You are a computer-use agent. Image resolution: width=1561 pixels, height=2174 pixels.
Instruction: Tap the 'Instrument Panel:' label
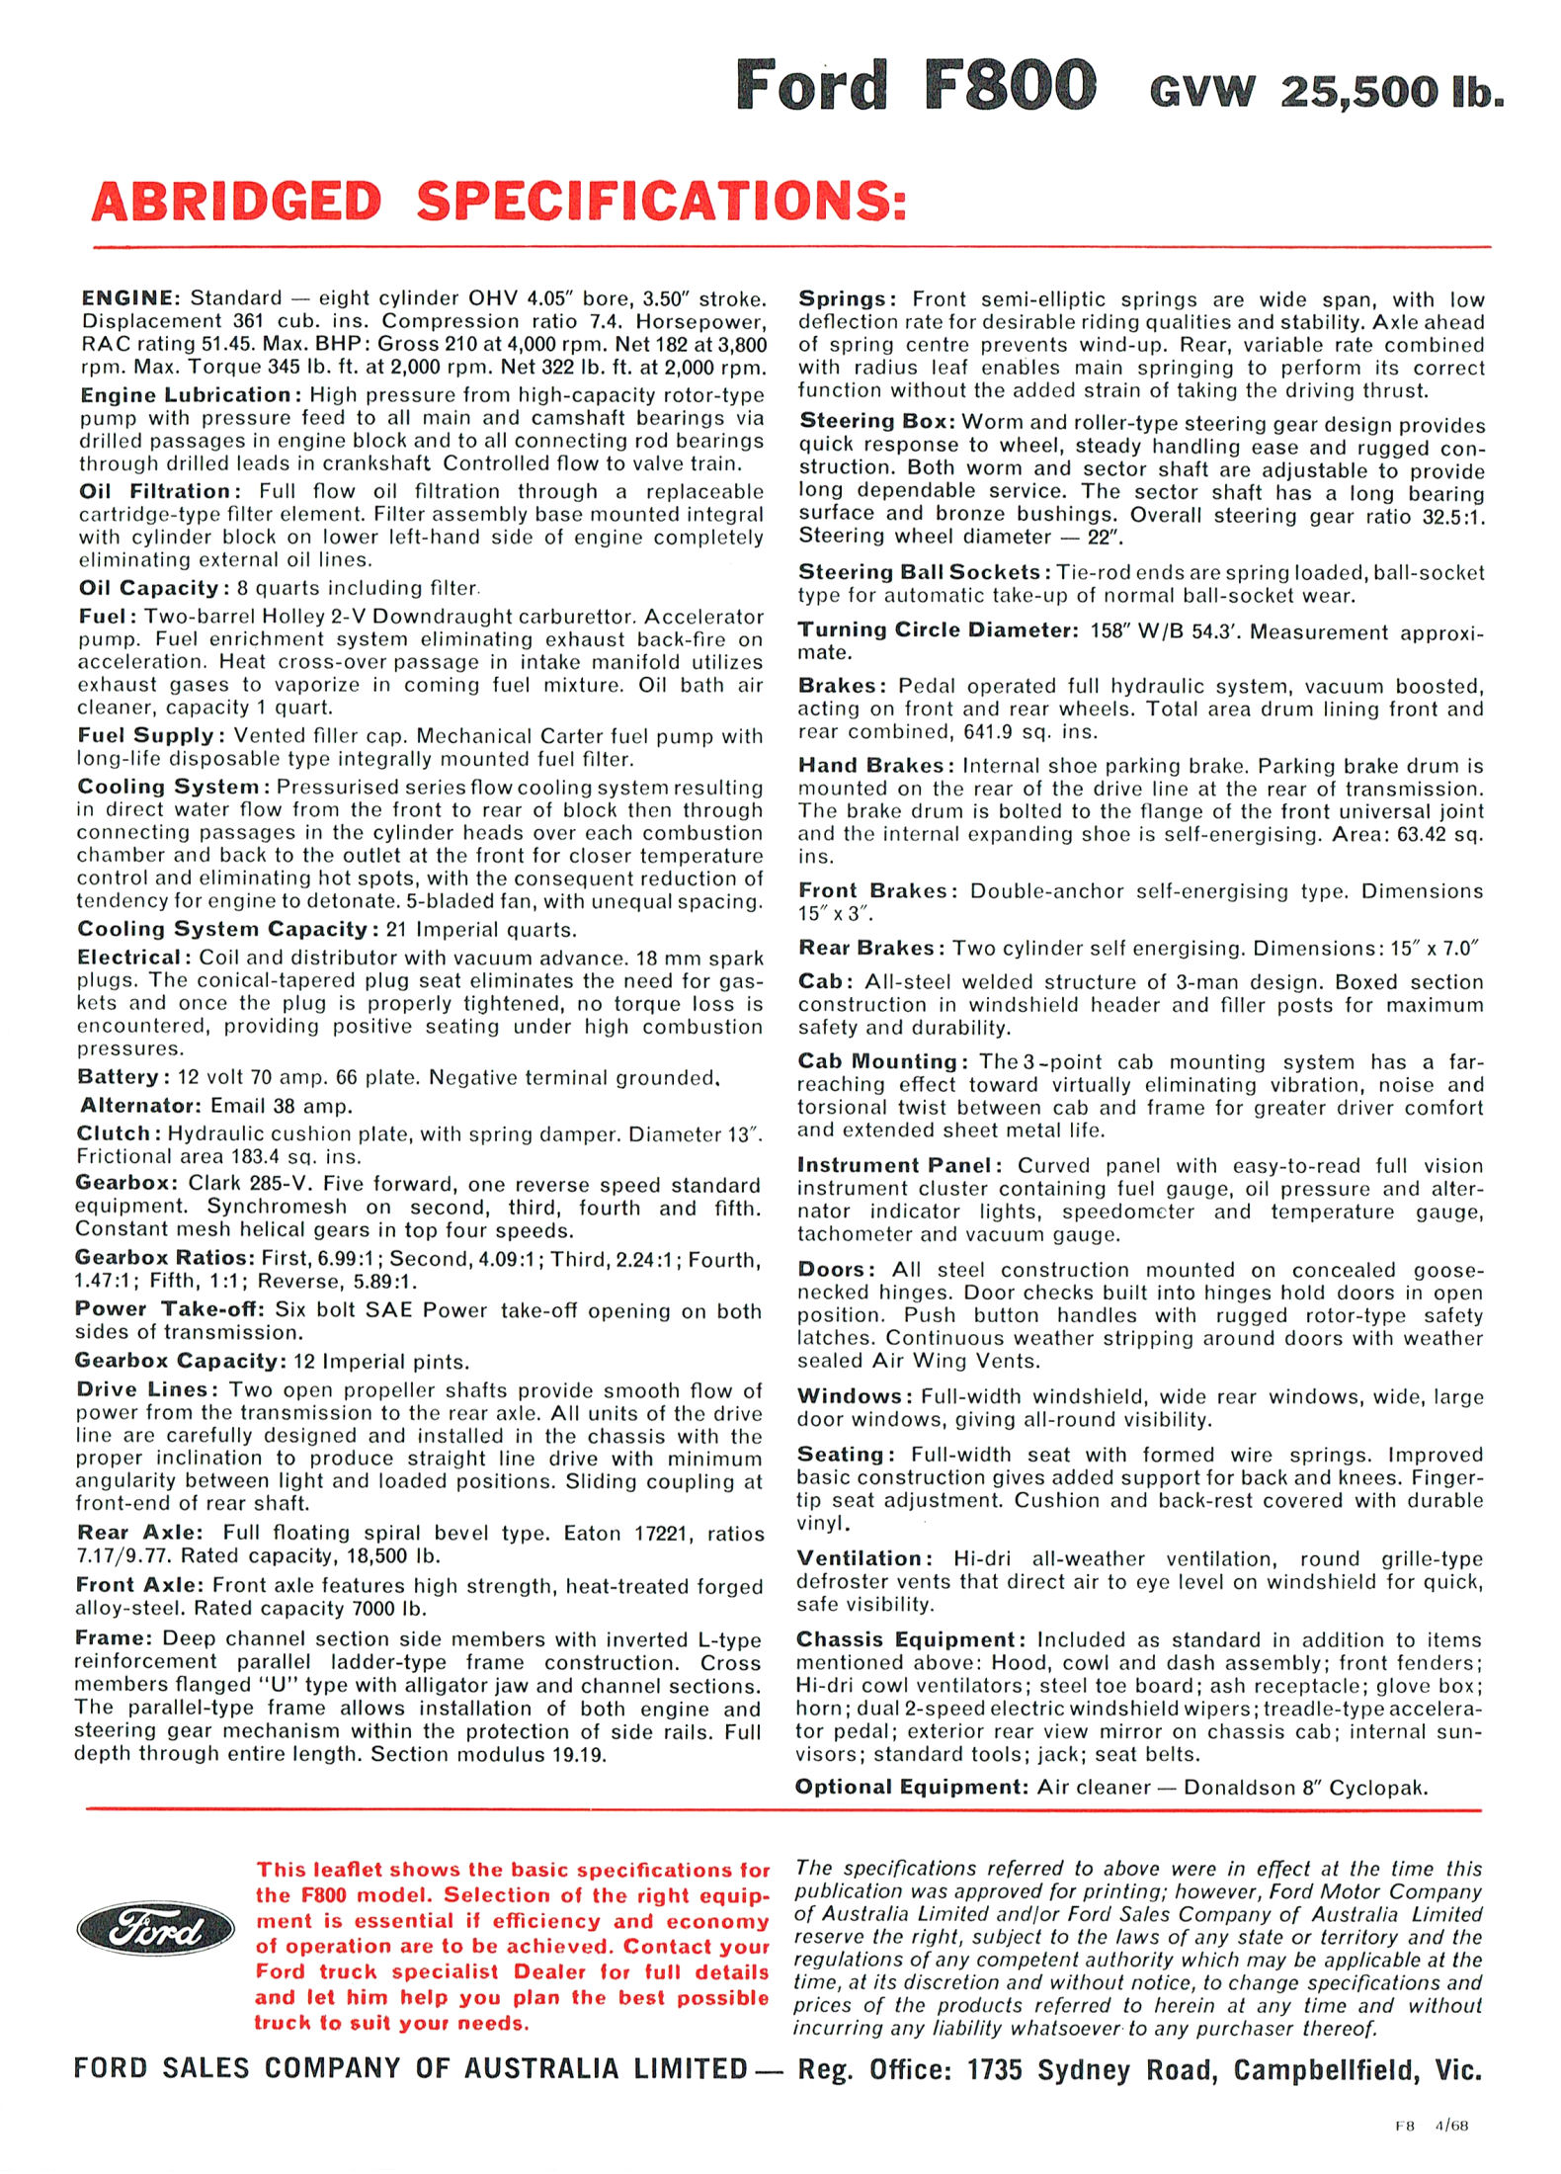coord(899,1166)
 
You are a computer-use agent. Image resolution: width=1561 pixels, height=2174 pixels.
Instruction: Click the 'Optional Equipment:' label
coord(912,1787)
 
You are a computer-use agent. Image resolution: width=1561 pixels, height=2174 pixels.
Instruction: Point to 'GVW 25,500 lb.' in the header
coord(1327,92)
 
